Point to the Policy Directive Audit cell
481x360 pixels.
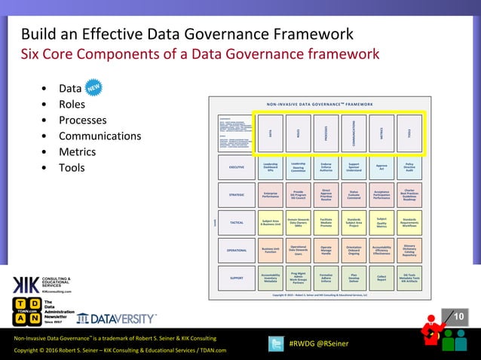coord(409,166)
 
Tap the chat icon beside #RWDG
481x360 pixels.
coord(276,343)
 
